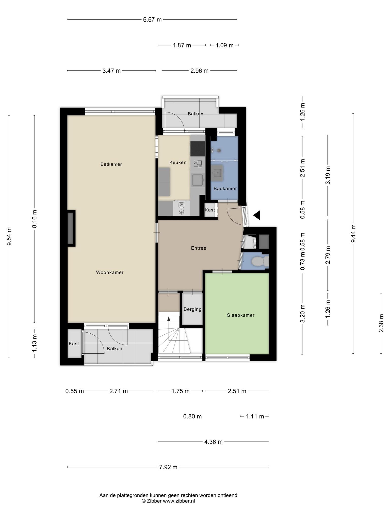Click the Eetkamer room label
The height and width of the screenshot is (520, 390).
tap(111, 164)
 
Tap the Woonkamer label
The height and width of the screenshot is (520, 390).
tap(110, 272)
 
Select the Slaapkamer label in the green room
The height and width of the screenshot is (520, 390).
tap(241, 315)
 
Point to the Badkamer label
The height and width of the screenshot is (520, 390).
tap(225, 188)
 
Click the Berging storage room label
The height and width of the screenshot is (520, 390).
tap(192, 309)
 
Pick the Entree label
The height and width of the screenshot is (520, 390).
tap(199, 248)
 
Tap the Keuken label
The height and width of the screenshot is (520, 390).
tap(178, 162)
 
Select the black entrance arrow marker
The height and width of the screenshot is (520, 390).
tap(257, 215)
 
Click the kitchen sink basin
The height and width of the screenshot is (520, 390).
tap(198, 180)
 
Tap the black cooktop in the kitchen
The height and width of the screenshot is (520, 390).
tap(198, 149)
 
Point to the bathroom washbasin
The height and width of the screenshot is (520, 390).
tap(216, 173)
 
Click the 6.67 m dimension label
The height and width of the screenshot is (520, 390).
tap(152, 20)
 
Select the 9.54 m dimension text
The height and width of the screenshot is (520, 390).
tap(9, 236)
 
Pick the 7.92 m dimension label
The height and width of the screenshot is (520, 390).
tap(168, 467)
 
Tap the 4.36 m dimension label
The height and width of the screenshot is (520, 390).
tap(214, 442)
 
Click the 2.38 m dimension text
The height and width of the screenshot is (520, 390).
tap(381, 323)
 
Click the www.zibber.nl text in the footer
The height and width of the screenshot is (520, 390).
tap(179, 501)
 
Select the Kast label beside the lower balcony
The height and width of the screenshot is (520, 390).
tap(74, 344)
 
